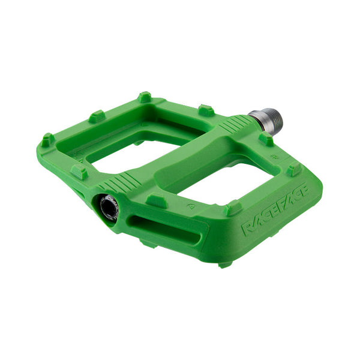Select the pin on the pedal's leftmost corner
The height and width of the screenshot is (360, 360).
[47, 140]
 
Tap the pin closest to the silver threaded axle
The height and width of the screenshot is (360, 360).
[265, 139]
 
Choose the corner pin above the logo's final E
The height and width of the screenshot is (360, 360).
[293, 169]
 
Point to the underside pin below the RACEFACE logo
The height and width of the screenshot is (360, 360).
[225, 263]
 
